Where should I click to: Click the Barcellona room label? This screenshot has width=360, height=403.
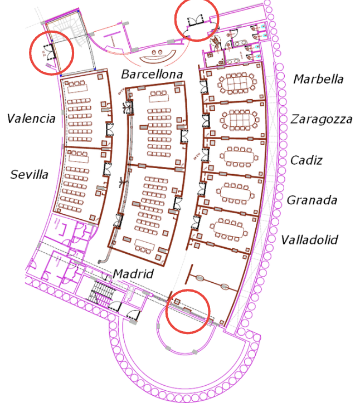click(152, 74)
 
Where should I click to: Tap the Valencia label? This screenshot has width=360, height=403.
click(31, 119)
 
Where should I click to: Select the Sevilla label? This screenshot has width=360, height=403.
click(29, 174)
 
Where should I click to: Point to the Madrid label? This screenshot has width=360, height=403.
click(133, 274)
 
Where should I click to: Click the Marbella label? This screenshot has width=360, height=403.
click(318, 79)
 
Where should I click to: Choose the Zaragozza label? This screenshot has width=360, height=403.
click(321, 119)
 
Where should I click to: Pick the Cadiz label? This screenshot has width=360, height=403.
click(307, 160)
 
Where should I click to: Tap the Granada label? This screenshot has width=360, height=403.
click(312, 200)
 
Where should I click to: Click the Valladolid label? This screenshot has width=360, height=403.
click(309, 240)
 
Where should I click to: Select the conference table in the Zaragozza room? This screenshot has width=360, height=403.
click(237, 119)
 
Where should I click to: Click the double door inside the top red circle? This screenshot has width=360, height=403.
click(196, 21)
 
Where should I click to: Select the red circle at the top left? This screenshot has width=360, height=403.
click(51, 52)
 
